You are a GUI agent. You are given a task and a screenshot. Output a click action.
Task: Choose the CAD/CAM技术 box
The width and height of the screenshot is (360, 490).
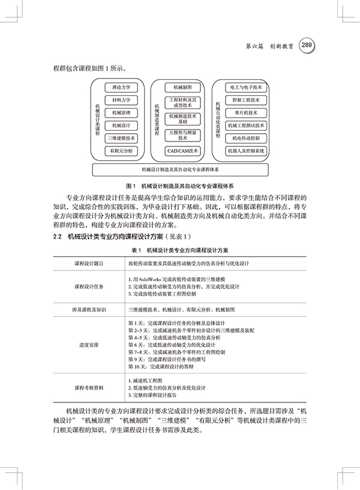pyautogui.click(x=182, y=151)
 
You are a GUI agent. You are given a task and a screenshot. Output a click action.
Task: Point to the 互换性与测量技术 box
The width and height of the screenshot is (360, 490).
pyautogui.click(x=182, y=135)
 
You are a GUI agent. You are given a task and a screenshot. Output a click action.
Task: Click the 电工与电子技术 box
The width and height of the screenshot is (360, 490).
pyautogui.click(x=245, y=87)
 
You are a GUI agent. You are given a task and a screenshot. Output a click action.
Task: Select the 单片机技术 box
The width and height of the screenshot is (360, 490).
pyautogui.click(x=245, y=112)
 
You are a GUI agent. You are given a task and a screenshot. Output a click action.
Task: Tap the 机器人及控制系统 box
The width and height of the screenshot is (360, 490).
pyautogui.click(x=245, y=151)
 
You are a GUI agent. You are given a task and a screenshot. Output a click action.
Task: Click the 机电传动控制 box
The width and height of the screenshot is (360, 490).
pyautogui.click(x=245, y=138)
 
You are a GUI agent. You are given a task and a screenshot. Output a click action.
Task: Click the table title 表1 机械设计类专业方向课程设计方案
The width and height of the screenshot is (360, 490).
pyautogui.click(x=181, y=248)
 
